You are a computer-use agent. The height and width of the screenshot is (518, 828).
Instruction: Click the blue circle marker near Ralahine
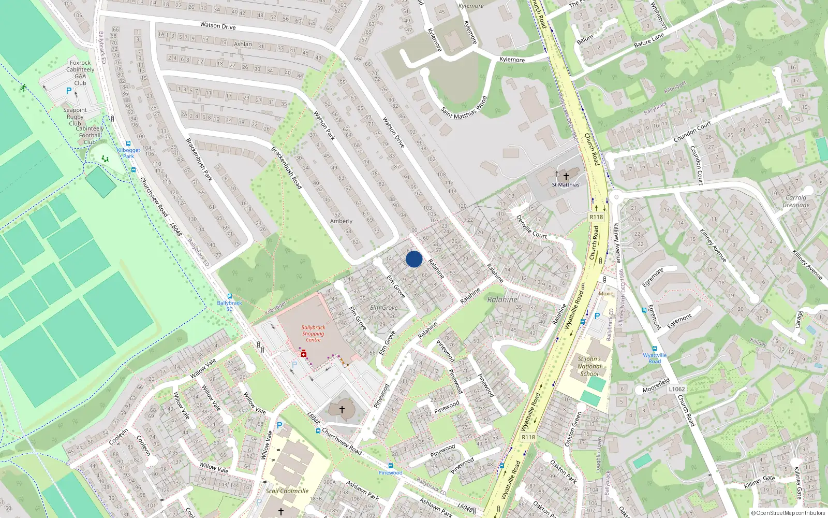pos(414,259)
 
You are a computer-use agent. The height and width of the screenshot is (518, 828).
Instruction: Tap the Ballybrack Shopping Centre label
pos(313,334)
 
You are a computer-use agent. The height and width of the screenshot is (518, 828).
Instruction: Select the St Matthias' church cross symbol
pos(566,177)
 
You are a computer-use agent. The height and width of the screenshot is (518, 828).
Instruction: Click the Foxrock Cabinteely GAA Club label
pos(80,73)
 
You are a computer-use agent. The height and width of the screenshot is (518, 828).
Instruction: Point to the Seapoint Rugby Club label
pos(75,117)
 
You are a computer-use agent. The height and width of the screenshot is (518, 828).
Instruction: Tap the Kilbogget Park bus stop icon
pos(128,144)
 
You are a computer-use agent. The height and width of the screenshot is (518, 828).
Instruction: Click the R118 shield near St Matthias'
pos(596,217)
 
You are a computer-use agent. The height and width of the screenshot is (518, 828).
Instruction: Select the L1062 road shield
pos(676,389)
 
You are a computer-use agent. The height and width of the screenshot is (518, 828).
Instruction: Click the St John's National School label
pos(589,366)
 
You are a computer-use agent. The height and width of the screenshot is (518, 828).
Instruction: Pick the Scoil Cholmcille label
pos(287,491)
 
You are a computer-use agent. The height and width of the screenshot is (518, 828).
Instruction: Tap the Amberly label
pos(341,221)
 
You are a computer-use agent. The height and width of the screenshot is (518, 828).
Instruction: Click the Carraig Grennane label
pos(796,201)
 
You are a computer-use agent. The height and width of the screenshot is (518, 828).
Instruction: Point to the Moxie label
pos(605,294)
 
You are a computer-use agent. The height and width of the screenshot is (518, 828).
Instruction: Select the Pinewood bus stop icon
pos(390,466)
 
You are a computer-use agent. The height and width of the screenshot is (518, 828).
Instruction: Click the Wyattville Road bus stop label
pos(655,358)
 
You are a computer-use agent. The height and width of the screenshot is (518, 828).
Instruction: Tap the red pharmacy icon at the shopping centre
pos(304,354)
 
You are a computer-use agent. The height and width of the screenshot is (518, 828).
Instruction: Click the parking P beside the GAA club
pos(69,91)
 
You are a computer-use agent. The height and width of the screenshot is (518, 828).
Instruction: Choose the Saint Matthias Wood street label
pos(464,108)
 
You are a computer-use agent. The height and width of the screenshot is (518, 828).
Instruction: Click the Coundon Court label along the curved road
pos(692,132)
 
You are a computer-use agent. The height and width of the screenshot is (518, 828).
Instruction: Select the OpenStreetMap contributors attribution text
pos(788,513)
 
